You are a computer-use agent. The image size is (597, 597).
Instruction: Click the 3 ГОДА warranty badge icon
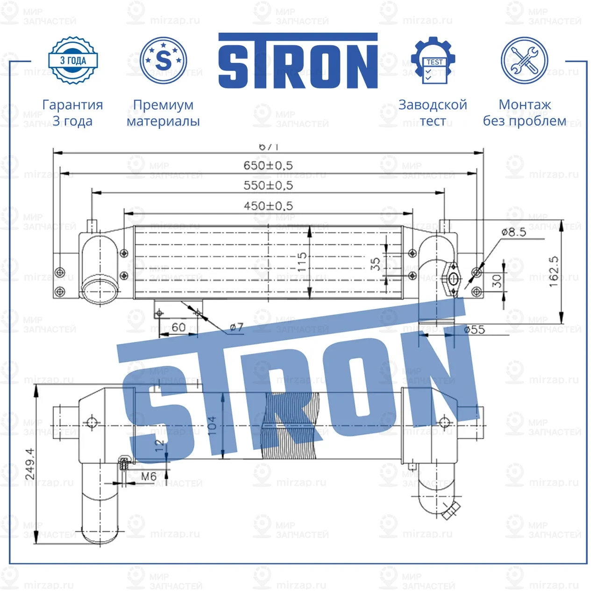click(73, 60)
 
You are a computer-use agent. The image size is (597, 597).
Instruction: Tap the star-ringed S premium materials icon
click(163, 60)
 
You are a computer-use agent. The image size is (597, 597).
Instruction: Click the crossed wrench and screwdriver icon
click(524, 61)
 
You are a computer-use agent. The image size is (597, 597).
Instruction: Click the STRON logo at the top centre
click(298, 61)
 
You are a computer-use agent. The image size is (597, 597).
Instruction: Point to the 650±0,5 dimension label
click(268, 165)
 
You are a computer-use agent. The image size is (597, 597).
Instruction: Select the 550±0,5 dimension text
click(268, 185)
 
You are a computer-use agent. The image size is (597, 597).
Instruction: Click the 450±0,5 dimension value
click(268, 206)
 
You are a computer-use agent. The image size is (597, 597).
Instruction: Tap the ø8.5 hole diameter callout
click(513, 232)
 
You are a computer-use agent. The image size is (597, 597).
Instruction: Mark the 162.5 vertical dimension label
click(554, 271)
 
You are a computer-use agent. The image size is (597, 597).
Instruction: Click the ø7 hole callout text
click(237, 327)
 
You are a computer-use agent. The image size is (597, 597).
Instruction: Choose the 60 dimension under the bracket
click(178, 327)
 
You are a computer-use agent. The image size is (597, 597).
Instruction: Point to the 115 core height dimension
click(302, 262)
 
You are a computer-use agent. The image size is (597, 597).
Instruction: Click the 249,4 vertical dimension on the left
click(30, 463)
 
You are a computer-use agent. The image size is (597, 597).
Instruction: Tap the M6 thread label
click(149, 476)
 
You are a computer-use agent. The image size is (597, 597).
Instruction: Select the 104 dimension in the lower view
click(212, 426)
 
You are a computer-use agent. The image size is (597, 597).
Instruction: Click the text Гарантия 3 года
click(72, 113)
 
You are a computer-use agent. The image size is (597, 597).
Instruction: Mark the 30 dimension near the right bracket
click(497, 281)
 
